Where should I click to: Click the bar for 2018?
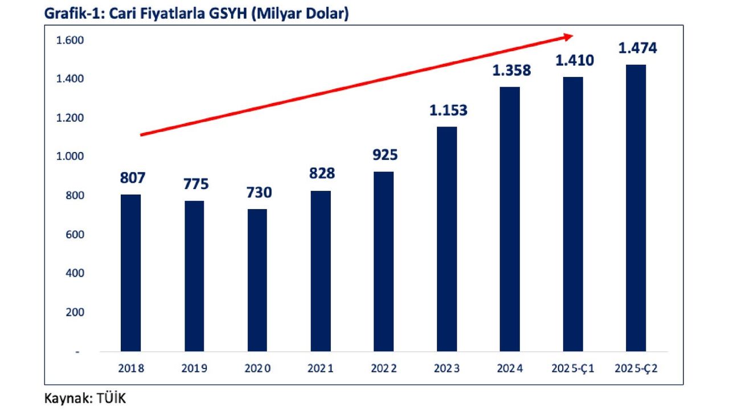coord(131,273)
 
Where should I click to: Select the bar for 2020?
coord(257,280)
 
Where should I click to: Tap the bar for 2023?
coord(447,239)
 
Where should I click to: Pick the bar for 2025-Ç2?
coord(636,208)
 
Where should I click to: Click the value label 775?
coord(196,184)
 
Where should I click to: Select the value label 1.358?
coord(511,71)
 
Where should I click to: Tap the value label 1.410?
coord(574,60)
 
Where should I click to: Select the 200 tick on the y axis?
coord(75,312)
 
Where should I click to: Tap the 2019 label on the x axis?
coord(194,368)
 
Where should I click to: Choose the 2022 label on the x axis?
coord(384,368)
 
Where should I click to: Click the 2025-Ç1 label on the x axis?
coord(573,368)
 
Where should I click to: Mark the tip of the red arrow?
coord(572,36)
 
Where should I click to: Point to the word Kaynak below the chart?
coord(64,399)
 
